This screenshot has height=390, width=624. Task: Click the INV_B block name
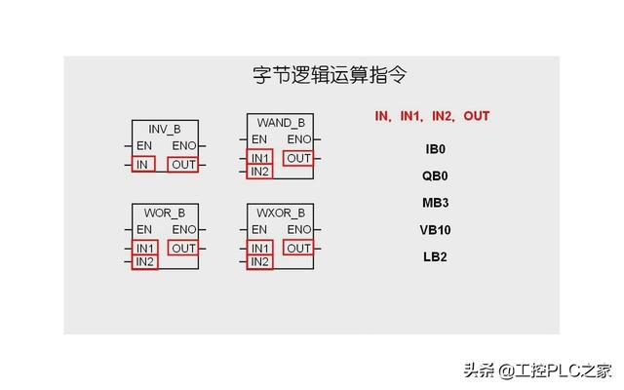pos(164,130)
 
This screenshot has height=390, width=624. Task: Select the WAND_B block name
pos(281,123)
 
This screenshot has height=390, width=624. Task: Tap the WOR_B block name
pos(164,213)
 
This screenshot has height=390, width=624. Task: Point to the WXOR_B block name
pos(281,213)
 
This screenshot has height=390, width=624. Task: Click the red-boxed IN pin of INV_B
pos(142,165)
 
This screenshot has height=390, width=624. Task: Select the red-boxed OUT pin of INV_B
pos(183,165)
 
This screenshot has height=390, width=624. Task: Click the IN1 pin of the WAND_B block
pos(259,158)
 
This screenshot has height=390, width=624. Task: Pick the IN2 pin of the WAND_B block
pos(259,172)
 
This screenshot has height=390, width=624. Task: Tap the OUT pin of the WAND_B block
pos(298,158)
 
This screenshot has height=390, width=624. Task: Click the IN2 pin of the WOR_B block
pos(144,262)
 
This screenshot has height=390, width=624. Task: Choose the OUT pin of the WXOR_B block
pos(298,249)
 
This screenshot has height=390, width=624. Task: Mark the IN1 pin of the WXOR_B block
pos(259,249)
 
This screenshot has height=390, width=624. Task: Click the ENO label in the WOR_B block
pos(183,230)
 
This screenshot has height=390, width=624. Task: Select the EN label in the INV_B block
pos(143,146)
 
